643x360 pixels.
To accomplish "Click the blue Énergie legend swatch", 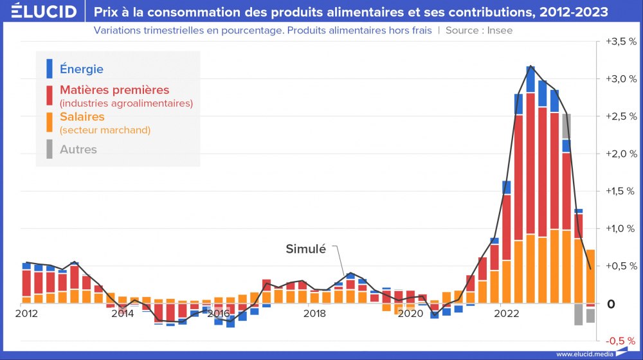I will (x=50, y=69).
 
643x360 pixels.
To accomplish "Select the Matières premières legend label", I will (x=114, y=89).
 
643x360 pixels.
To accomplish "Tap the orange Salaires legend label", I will (x=82, y=116).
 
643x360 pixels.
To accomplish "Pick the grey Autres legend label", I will (x=78, y=149).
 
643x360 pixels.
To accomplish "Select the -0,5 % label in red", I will (x=620, y=340).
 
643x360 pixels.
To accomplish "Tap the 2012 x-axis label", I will (x=26, y=314).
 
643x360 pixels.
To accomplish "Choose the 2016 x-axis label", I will (x=219, y=314).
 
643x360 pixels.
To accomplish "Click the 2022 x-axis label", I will (x=507, y=314).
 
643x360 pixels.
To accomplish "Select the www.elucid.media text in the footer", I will (x=584, y=354).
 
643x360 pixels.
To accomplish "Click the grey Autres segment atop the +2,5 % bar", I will (x=566, y=126).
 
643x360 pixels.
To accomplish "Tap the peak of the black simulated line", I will (x=530, y=66).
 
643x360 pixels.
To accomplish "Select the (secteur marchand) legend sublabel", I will (x=105, y=130).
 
